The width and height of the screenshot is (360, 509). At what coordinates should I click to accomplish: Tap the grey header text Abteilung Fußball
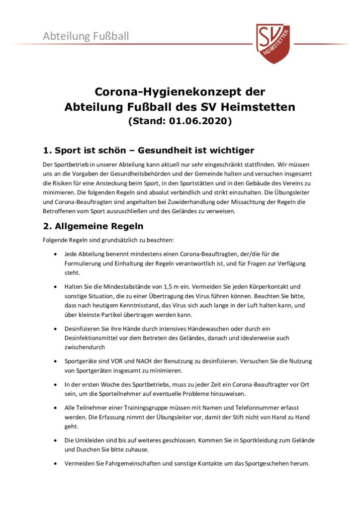click(x=86, y=36)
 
